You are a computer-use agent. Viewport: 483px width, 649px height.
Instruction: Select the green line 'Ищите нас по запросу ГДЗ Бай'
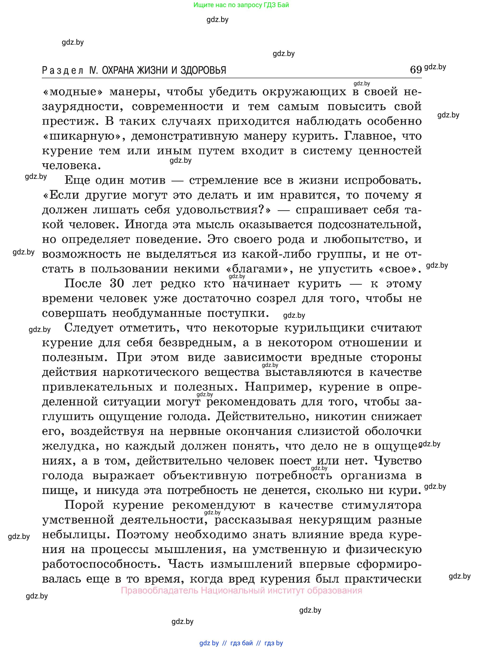[241, 5]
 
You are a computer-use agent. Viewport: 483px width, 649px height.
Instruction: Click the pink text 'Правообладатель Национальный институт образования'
[241, 590]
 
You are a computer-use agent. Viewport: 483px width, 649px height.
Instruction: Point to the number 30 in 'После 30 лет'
[117, 284]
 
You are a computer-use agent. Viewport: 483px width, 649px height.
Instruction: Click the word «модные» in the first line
[73, 92]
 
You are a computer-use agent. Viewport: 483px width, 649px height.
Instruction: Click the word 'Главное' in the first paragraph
[369, 136]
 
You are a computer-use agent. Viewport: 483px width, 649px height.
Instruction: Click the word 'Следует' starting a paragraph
[89, 328]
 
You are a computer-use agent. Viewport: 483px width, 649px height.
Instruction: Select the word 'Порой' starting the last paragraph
[84, 505]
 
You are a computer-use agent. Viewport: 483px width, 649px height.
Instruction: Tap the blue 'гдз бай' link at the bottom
[241, 643]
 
